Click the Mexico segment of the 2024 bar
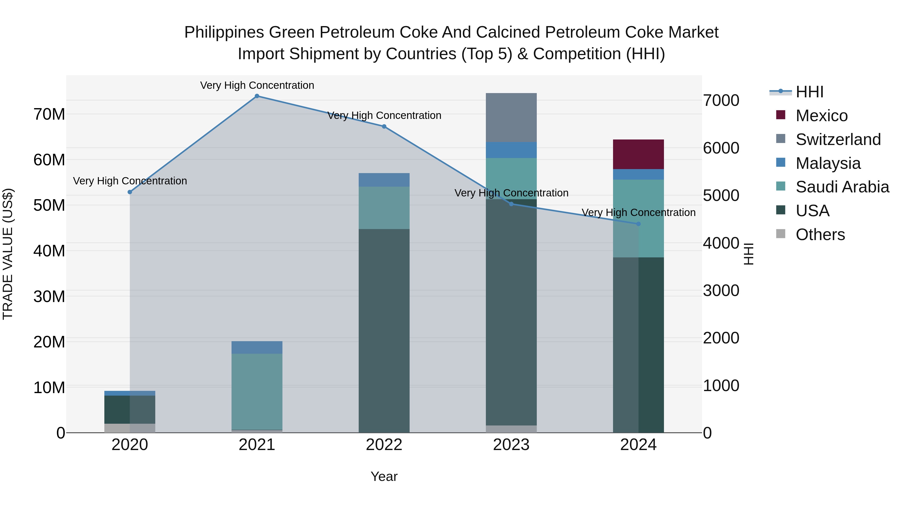click(x=638, y=154)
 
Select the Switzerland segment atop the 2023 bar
click(x=511, y=117)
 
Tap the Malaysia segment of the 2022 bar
click(x=384, y=180)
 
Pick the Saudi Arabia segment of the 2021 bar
click(x=257, y=391)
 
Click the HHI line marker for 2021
click(x=257, y=96)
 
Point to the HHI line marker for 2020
click(x=130, y=192)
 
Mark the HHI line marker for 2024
click(x=638, y=224)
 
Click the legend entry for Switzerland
click(x=838, y=139)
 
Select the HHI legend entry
click(x=809, y=92)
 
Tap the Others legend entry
click(x=820, y=235)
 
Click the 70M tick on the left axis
click(x=49, y=114)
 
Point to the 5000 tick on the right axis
click(x=721, y=196)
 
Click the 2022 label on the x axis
click(x=384, y=445)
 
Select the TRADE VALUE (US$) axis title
click(x=8, y=254)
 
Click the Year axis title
click(x=384, y=476)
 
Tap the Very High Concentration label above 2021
click(x=257, y=85)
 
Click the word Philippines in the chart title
click(x=224, y=32)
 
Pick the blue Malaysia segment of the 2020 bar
click(x=130, y=393)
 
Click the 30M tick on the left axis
click(x=49, y=297)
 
